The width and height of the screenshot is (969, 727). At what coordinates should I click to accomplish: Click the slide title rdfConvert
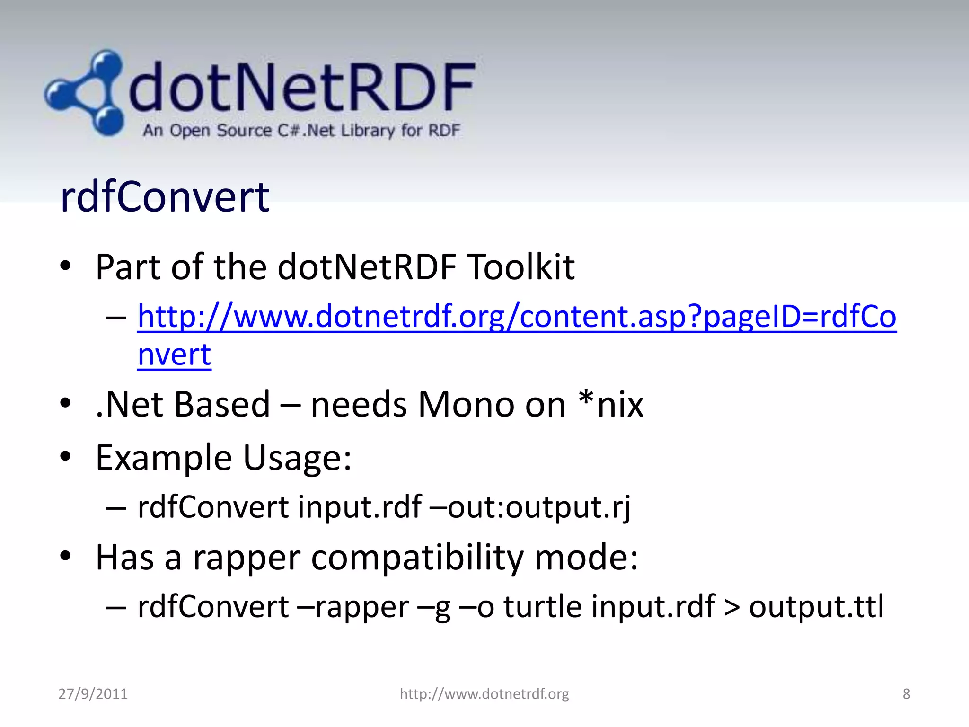(165, 197)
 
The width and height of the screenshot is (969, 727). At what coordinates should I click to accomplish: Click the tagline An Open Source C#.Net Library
(301, 130)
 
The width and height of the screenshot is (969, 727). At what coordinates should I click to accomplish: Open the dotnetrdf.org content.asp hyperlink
(516, 317)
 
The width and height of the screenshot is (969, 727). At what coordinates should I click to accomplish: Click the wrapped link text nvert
(174, 355)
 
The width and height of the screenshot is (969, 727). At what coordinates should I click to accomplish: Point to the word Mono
(466, 405)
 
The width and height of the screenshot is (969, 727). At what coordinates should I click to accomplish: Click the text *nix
(611, 405)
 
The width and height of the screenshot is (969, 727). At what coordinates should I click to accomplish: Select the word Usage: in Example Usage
(297, 458)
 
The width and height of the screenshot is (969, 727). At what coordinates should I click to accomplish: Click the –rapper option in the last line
(353, 607)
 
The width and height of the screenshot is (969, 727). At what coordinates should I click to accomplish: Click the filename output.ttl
(816, 607)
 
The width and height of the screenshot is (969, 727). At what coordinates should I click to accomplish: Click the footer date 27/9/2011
(93, 694)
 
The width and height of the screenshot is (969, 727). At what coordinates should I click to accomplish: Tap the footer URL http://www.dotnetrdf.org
(484, 694)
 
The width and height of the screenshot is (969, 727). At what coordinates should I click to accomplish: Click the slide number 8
(906, 694)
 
